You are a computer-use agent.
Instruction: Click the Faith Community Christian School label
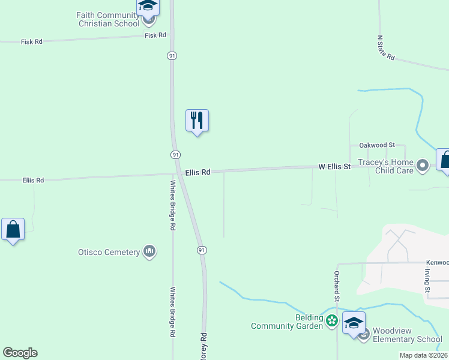click(107, 19)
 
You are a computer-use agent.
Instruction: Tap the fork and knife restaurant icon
click(196, 121)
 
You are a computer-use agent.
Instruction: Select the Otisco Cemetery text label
click(109, 252)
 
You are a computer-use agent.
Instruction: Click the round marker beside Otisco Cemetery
click(149, 252)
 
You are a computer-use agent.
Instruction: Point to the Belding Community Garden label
click(283, 322)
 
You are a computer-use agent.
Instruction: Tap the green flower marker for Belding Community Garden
click(331, 322)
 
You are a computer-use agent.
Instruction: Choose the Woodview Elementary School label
click(407, 335)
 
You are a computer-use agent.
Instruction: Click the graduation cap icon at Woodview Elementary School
click(354, 322)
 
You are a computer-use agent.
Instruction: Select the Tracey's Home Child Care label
click(385, 166)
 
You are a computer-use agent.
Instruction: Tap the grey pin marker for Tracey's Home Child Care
click(423, 165)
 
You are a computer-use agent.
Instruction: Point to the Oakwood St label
click(376, 145)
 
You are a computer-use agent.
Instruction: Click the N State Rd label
click(385, 47)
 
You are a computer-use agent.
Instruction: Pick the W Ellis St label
click(334, 166)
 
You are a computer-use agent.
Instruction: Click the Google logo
click(20, 353)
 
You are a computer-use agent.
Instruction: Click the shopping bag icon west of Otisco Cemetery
click(13, 229)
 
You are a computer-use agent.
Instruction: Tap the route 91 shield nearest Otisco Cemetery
click(202, 250)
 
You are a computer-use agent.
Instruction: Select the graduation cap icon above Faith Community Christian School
click(147, 6)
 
